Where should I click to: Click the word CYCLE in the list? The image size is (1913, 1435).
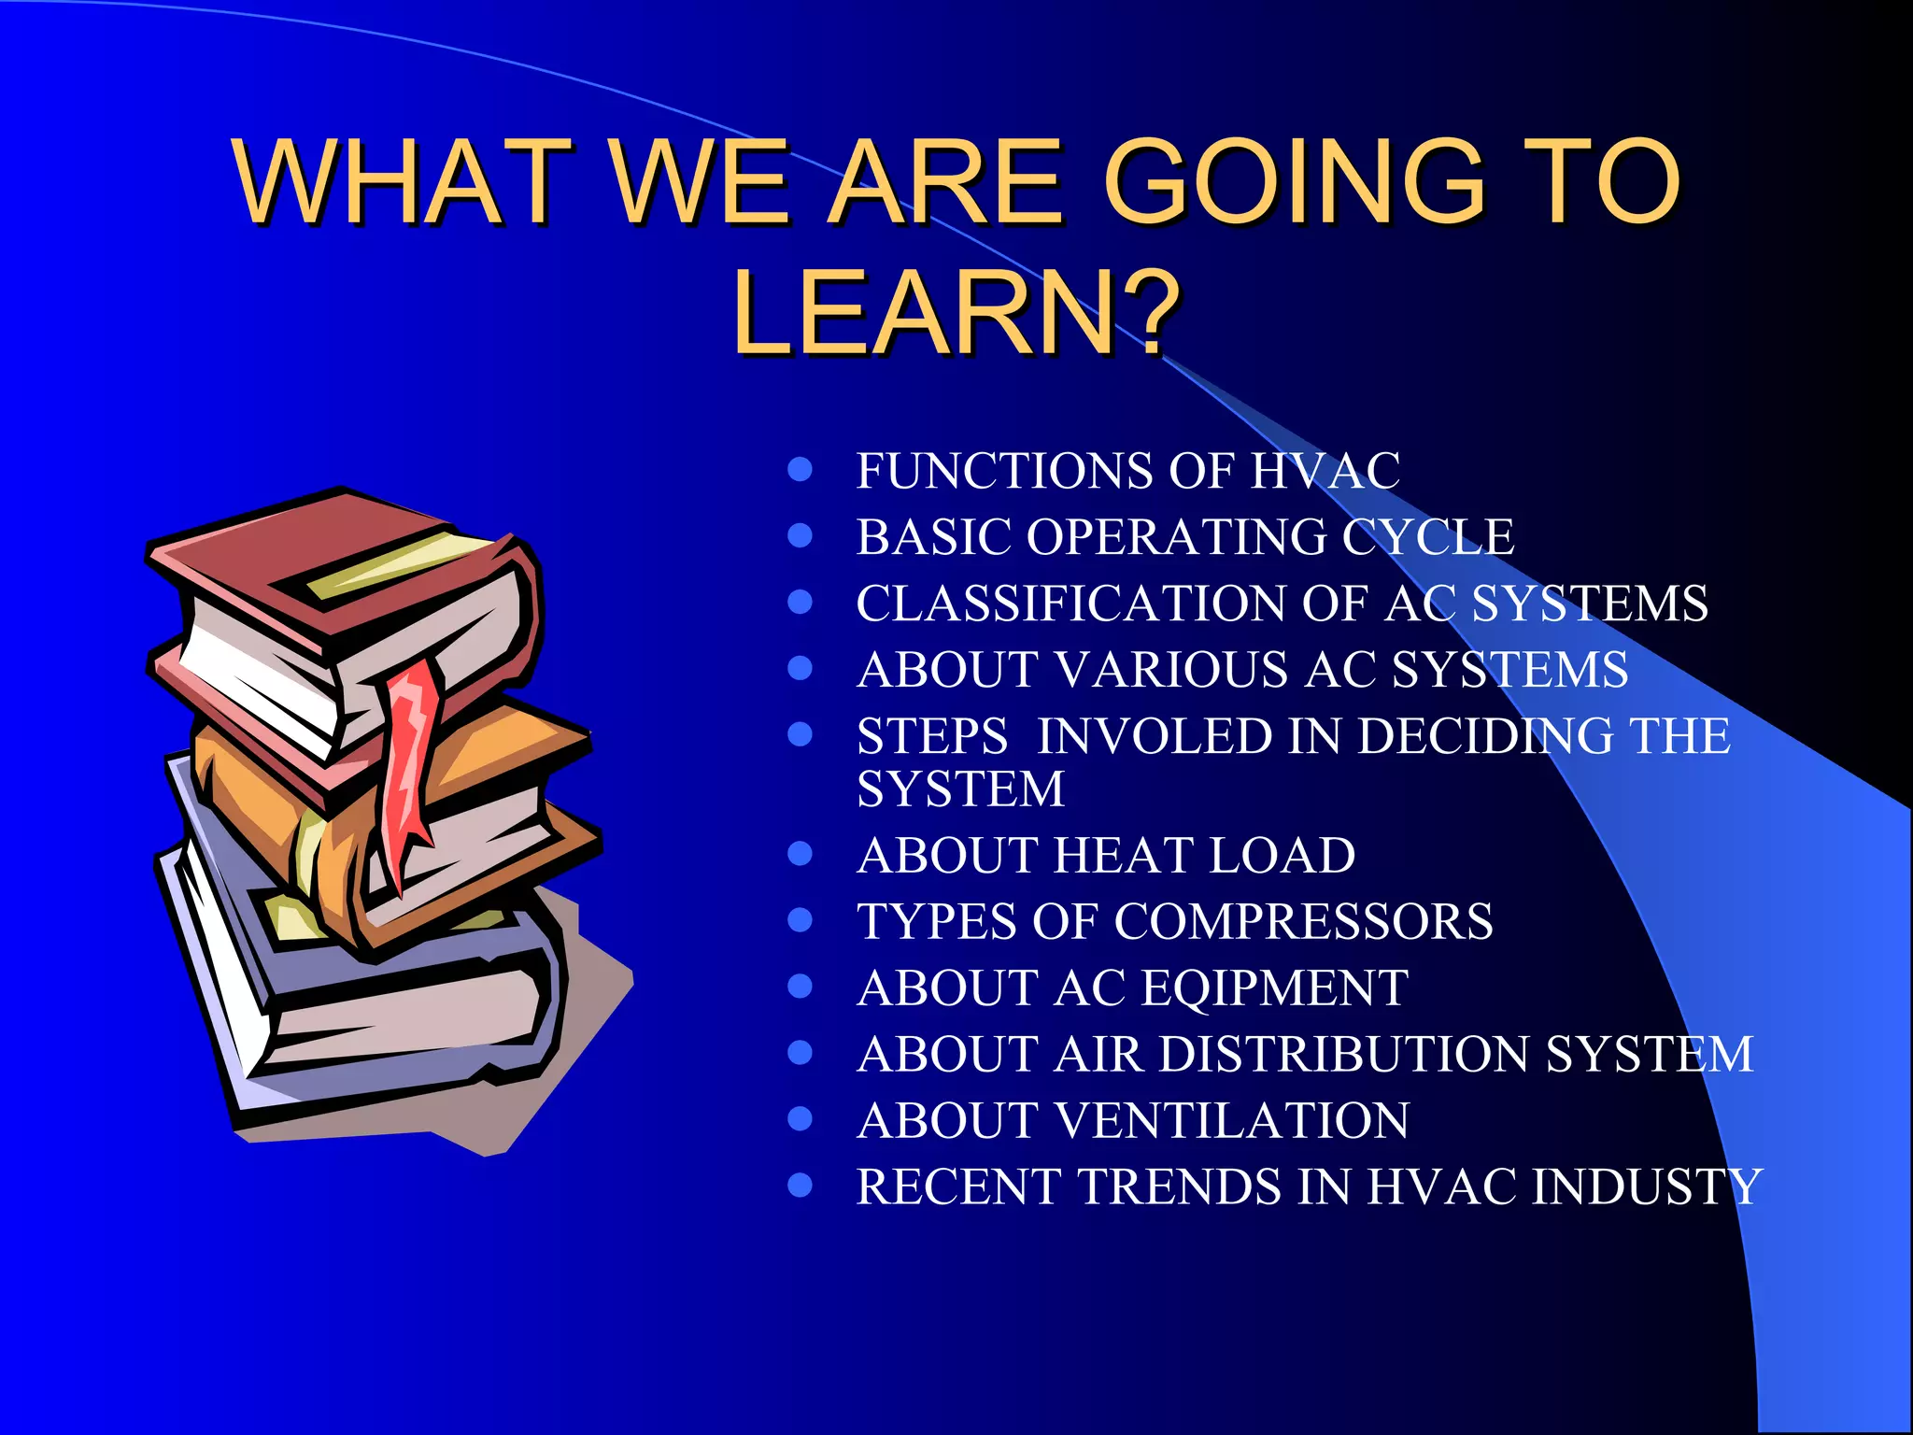click(1428, 537)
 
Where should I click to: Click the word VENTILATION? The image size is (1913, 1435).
click(1233, 1121)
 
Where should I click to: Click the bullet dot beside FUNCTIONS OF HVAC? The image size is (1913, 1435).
click(800, 469)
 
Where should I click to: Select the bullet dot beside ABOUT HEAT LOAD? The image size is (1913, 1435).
click(800, 854)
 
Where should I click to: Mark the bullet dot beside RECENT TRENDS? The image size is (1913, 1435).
click(800, 1186)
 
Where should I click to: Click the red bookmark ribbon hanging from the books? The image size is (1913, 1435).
click(409, 757)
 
